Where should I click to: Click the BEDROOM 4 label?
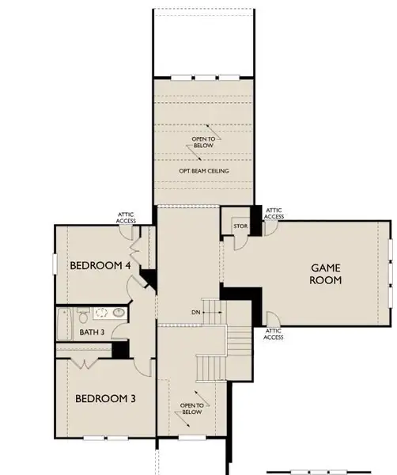[100, 265]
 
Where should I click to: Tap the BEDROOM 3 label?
[105, 398]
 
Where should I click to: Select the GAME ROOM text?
[325, 273]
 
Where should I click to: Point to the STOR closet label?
[240, 227]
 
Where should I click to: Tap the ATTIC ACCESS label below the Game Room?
[274, 333]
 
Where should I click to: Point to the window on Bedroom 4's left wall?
[55, 263]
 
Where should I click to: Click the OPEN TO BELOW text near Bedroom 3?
[193, 408]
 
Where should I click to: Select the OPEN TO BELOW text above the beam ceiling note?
[203, 143]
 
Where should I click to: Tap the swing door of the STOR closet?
[269, 227]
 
